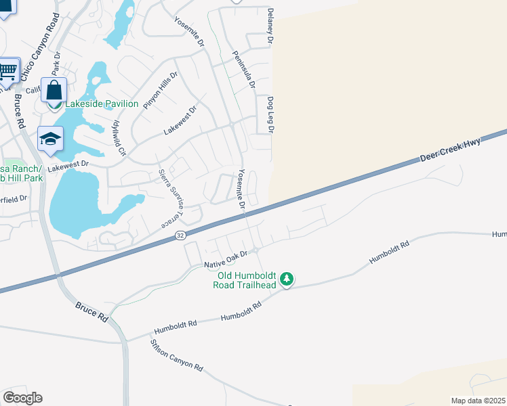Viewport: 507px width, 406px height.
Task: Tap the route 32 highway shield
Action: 180,235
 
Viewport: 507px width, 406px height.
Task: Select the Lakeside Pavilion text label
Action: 102,104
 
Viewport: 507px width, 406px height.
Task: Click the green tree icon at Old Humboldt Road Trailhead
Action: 287,279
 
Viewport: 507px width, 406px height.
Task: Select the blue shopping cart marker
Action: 8,70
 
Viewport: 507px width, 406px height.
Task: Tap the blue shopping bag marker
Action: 54,90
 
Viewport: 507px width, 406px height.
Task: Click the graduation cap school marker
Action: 50,139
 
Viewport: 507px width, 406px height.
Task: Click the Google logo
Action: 22,398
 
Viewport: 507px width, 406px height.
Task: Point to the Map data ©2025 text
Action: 477,401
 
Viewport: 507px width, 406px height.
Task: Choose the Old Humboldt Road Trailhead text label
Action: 247,280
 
